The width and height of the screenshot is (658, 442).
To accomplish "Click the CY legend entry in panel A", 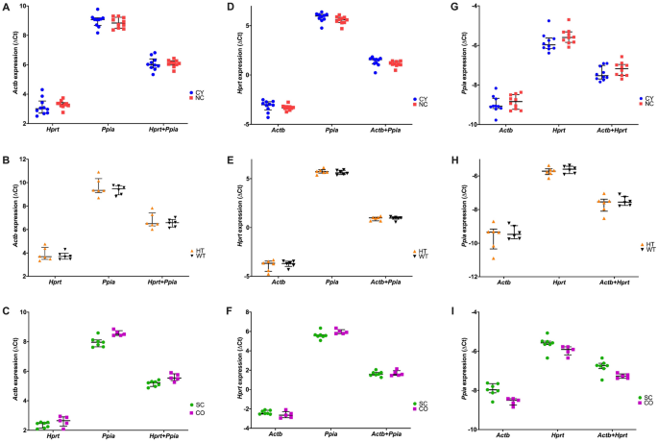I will (199, 92).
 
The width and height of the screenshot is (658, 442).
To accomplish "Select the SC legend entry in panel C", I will (199, 405).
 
